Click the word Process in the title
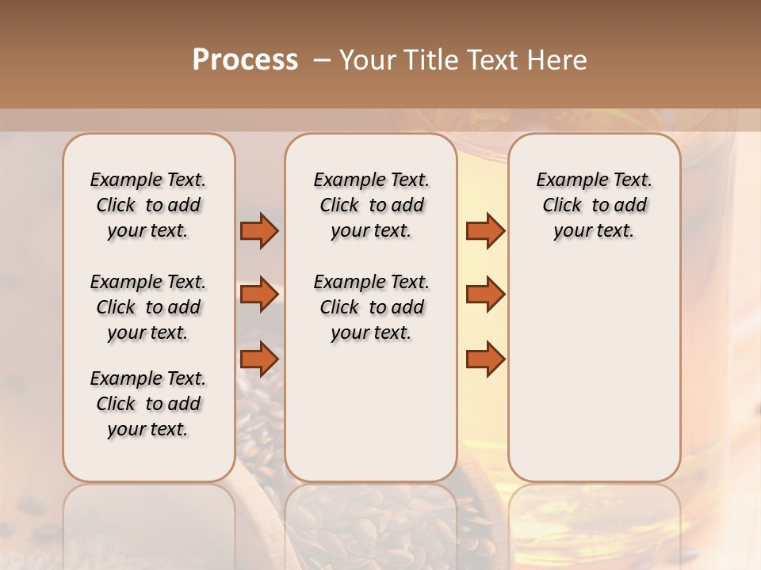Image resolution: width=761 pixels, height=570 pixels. pyautogui.click(x=245, y=60)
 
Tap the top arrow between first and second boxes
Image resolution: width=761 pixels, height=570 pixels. pyautogui.click(x=259, y=231)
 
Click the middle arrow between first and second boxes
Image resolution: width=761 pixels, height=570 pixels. pyautogui.click(x=259, y=294)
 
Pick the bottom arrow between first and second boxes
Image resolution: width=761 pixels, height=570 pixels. pyautogui.click(x=259, y=359)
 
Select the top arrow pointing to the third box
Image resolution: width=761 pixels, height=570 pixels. pyautogui.click(x=485, y=231)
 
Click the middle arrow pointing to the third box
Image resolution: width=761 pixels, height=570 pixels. pyautogui.click(x=485, y=294)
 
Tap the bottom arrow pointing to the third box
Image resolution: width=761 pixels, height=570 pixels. pyautogui.click(x=485, y=359)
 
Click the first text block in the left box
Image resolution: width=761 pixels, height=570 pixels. pyautogui.click(x=148, y=205)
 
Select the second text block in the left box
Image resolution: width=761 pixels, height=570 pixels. pyautogui.click(x=148, y=307)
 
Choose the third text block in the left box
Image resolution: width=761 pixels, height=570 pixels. pyautogui.click(x=148, y=404)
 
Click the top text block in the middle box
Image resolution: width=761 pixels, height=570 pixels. pyautogui.click(x=371, y=205)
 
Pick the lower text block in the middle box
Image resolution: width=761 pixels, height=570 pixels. pyautogui.click(x=371, y=307)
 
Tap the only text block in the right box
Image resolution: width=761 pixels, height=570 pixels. pyautogui.click(x=594, y=205)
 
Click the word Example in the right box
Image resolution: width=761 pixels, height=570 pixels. pyautogui.click(x=569, y=180)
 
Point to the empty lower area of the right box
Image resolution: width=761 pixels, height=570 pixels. pyautogui.click(x=594, y=372)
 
